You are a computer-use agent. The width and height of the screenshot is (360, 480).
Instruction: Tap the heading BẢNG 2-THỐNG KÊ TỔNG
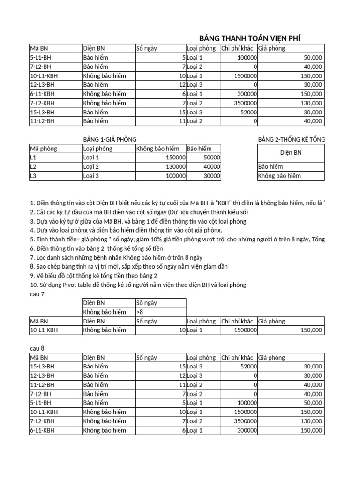[291, 139]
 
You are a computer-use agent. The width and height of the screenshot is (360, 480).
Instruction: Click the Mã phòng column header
[43, 149]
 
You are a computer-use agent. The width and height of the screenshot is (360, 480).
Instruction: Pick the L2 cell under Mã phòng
[33, 167]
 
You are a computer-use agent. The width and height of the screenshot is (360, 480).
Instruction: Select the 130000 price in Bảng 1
[173, 167]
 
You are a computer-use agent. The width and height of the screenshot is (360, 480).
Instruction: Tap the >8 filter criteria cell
[141, 312]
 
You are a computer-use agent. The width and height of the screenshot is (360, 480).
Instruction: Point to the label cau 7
[37, 294]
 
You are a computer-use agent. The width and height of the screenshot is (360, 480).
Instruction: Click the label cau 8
[37, 349]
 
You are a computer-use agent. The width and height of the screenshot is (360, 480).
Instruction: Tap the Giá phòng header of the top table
[271, 48]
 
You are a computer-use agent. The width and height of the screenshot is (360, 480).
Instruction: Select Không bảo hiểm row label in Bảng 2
[279, 176]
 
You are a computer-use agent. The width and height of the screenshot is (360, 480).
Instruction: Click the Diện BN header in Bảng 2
[290, 153]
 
